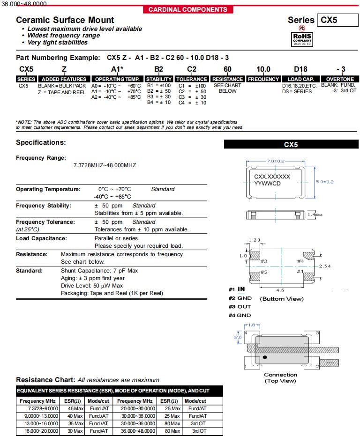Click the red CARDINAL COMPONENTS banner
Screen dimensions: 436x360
point(187,9)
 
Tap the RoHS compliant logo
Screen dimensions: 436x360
point(302,37)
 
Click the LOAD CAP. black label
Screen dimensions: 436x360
point(300,79)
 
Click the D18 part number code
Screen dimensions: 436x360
point(300,69)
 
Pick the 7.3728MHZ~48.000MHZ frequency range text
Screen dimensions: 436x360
point(105,165)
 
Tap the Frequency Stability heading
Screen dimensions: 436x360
point(44,206)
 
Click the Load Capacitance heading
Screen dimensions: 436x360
point(41,238)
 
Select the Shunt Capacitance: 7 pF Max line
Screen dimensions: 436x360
point(99,271)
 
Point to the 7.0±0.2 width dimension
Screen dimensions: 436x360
point(276,161)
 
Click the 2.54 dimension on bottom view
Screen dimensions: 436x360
point(326,266)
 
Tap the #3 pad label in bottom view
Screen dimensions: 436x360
point(263,261)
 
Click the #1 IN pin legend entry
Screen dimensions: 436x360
point(237,289)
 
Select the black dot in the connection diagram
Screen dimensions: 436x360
point(265,358)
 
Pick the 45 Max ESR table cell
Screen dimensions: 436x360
point(75,408)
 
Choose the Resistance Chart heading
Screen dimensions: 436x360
point(45,380)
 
